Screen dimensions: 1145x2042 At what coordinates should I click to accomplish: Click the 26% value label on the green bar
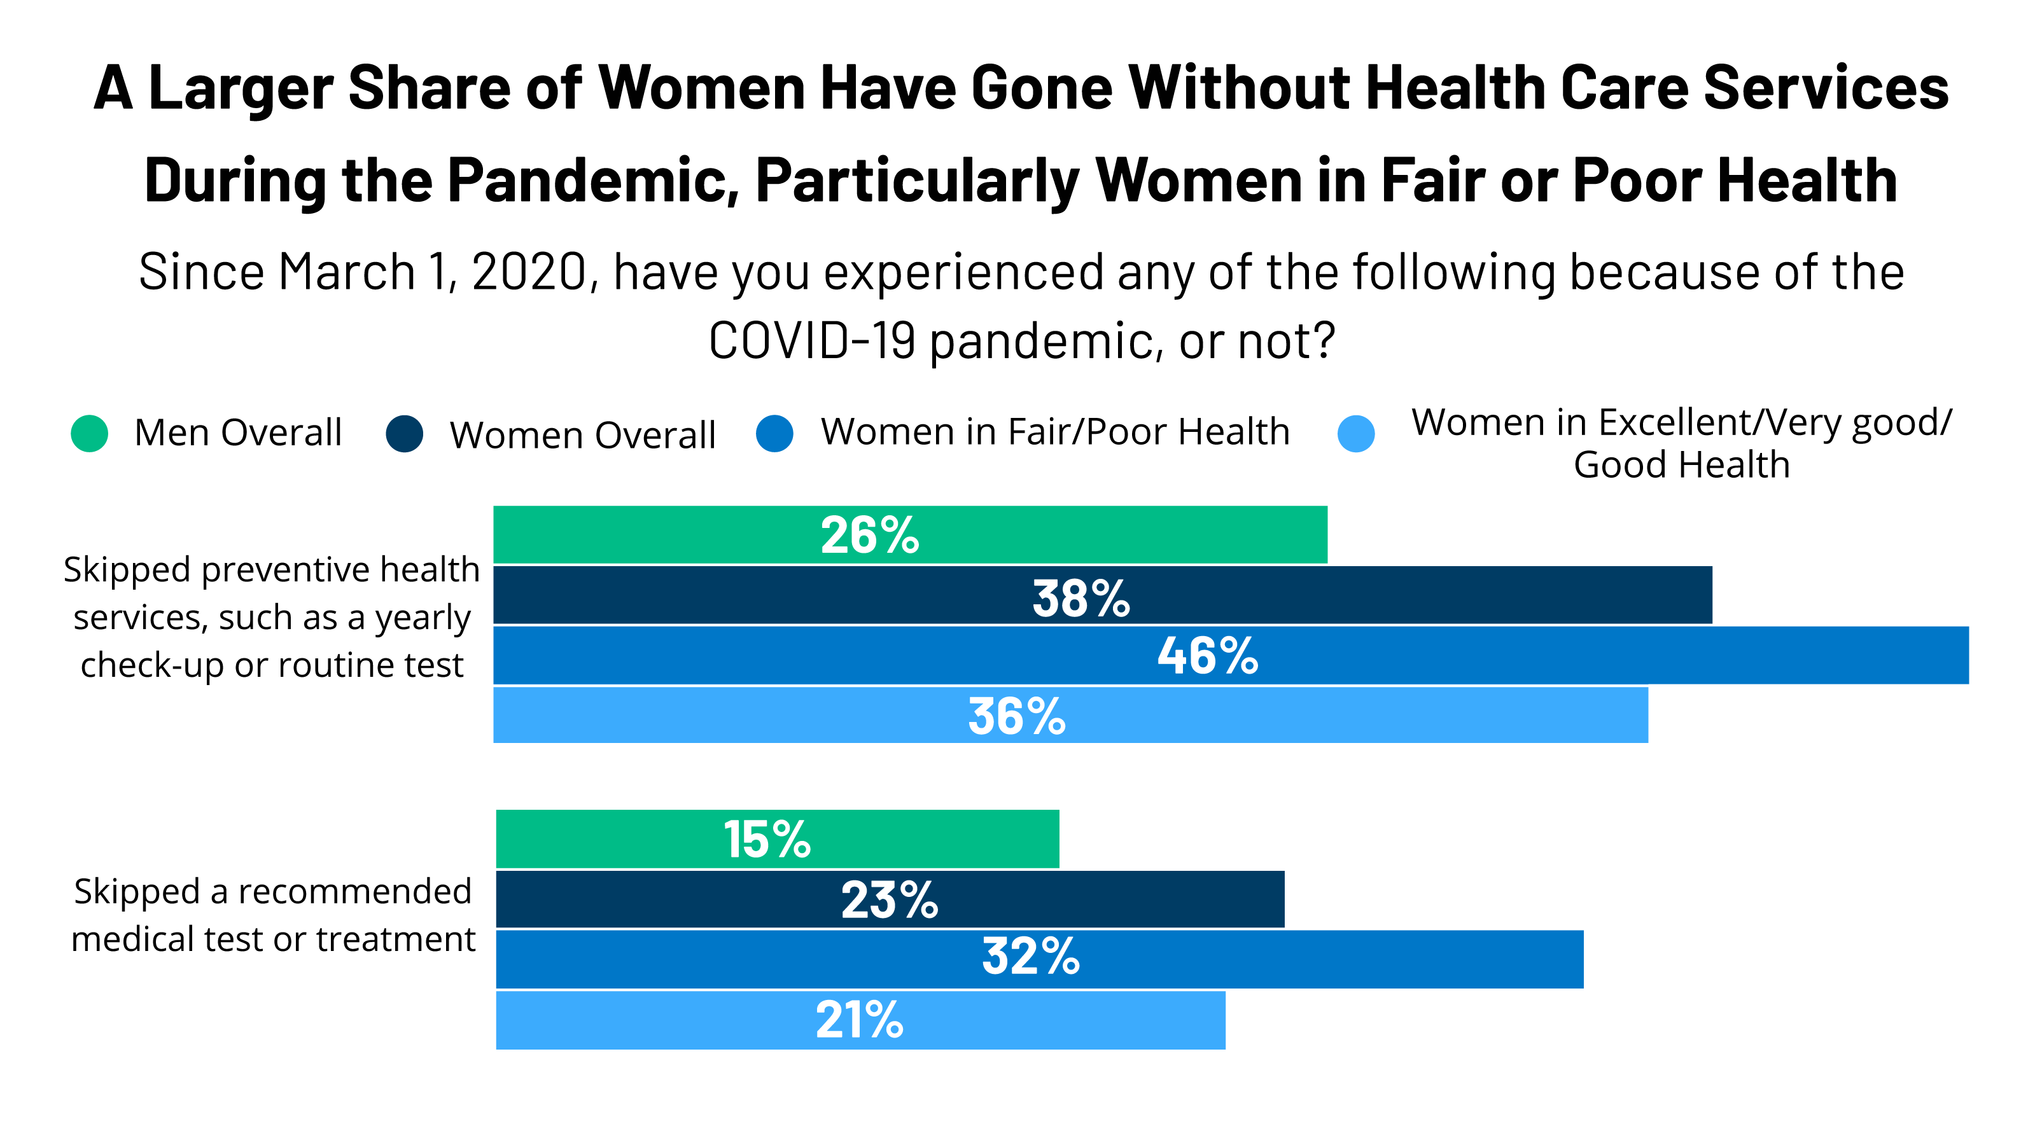point(870,536)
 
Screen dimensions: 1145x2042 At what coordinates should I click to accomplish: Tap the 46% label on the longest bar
point(1206,656)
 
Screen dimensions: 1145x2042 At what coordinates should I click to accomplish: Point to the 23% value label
point(890,900)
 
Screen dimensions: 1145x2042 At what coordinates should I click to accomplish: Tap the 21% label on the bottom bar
point(859,1020)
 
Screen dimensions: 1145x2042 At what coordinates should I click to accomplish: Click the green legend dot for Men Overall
point(90,433)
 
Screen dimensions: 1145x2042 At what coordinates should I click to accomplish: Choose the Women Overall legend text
point(583,435)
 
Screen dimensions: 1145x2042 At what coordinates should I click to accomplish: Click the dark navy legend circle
point(404,433)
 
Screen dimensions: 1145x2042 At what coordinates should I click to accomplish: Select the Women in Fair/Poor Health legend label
point(1054,432)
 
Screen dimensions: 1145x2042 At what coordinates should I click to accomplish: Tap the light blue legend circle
point(1355,433)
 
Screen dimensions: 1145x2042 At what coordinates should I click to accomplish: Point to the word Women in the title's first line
point(701,87)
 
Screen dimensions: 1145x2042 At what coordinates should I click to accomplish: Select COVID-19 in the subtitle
point(811,342)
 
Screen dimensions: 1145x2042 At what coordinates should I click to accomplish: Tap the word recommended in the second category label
point(354,891)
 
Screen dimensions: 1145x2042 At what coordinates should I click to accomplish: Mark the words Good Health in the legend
point(1681,464)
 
